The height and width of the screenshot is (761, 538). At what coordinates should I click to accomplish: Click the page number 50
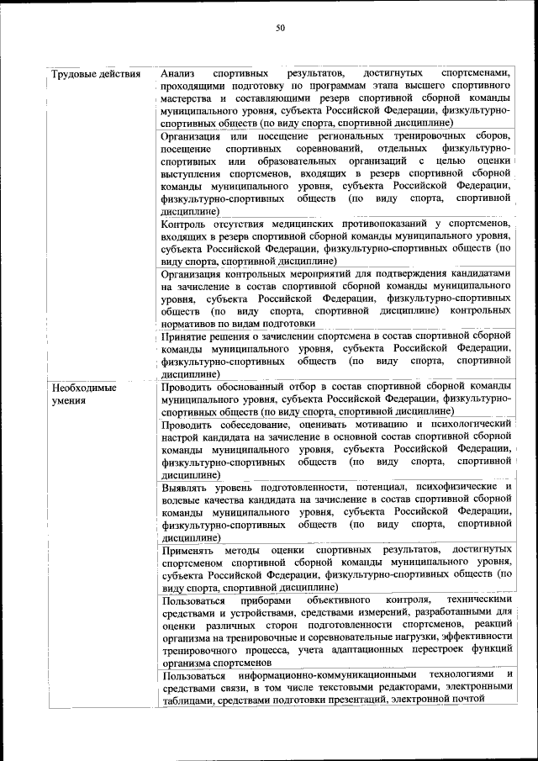pos(281,28)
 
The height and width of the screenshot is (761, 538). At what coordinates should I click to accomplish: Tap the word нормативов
pos(188,322)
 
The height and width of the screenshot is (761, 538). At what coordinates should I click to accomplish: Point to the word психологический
pos(467,424)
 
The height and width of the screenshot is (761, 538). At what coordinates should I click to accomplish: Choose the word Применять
pos(192,549)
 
